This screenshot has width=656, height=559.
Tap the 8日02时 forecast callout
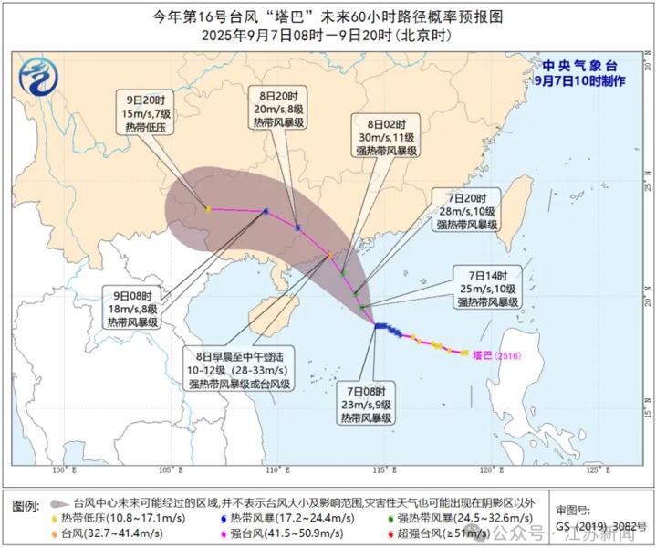tap(387, 135)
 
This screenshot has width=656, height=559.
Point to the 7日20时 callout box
tap(466, 211)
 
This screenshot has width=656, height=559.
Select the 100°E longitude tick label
tap(63, 470)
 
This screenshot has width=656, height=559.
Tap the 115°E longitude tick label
tap(384, 470)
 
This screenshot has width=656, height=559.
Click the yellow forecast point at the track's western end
tap(208, 209)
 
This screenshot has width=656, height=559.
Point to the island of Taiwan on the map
tap(517, 206)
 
